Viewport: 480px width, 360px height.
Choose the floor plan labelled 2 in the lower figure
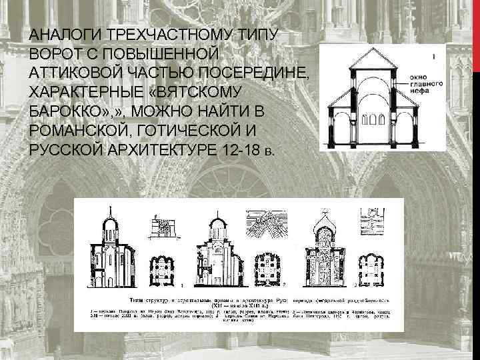coord(267,263)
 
